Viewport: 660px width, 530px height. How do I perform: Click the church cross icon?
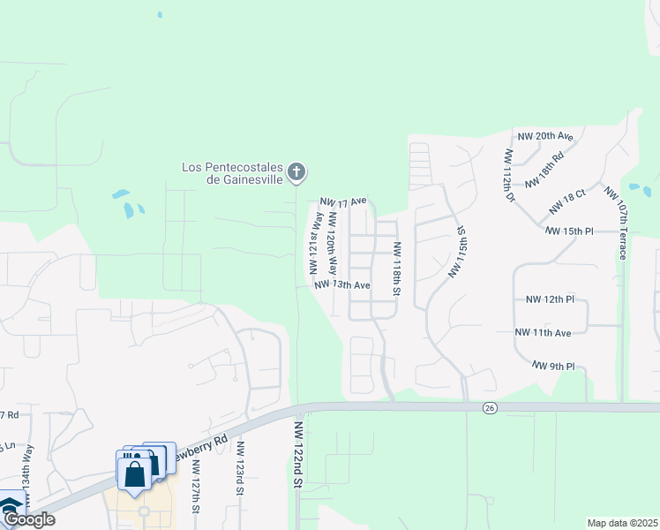(297, 170)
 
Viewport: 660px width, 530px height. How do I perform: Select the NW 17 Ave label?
(343, 202)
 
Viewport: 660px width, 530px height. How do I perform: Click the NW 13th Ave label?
(341, 285)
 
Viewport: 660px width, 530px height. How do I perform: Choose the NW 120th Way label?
(332, 242)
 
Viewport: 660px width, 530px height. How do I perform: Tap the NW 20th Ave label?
(545, 136)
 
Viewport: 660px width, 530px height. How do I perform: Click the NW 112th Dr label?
(510, 176)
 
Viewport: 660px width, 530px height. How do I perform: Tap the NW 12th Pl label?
(550, 299)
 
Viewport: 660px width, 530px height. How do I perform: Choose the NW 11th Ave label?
(544, 332)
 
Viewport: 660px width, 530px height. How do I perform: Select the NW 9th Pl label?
(553, 365)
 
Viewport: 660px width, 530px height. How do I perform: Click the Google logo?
(28, 519)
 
